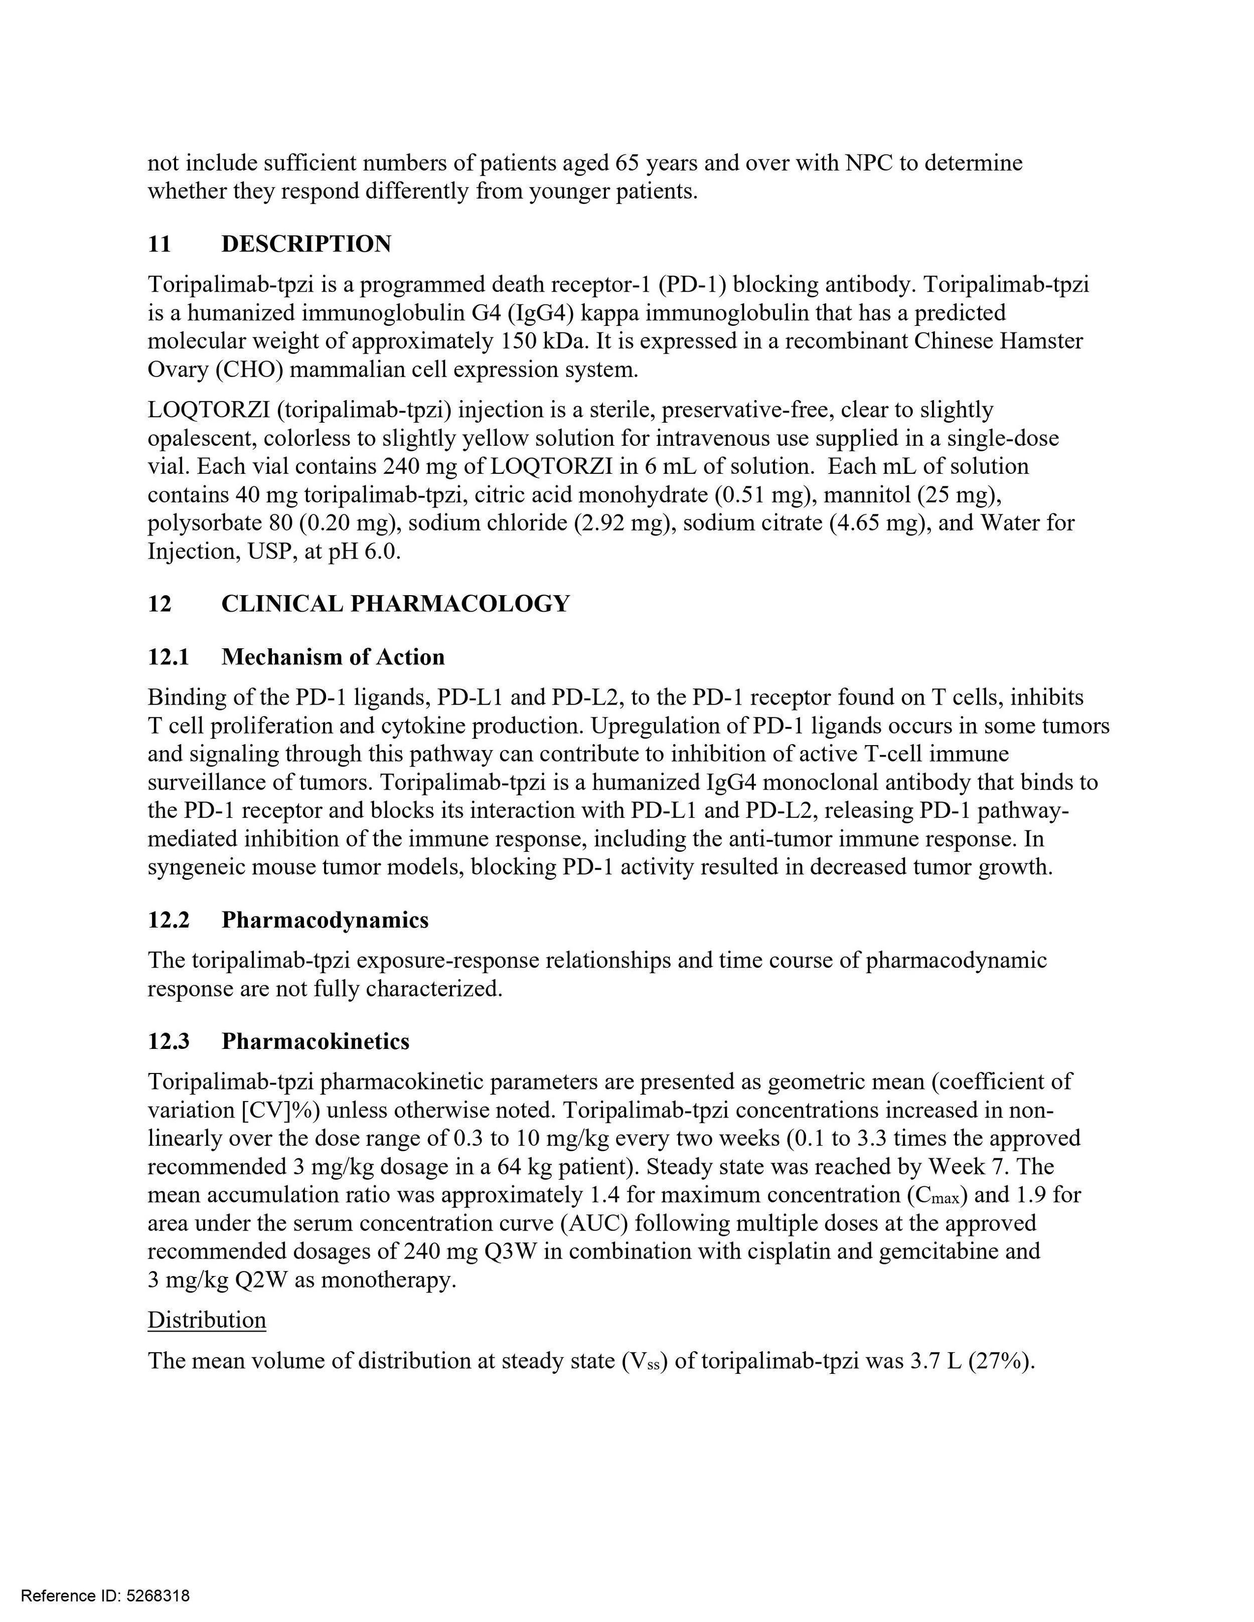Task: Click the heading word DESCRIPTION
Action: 306,244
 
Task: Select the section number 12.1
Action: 169,657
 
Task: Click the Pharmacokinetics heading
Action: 315,1041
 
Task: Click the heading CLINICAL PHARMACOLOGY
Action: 395,604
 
